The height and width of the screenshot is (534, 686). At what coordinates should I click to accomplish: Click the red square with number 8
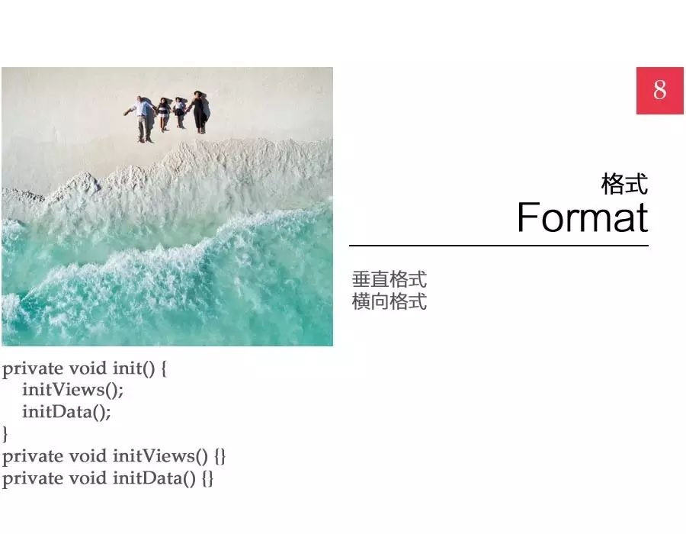660,91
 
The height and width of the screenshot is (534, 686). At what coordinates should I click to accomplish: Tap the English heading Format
582,217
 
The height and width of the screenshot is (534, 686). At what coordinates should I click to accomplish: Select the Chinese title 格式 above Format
624,184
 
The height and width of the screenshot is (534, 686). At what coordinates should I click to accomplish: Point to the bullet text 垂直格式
389,279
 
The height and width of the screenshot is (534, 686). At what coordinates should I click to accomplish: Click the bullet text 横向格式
389,301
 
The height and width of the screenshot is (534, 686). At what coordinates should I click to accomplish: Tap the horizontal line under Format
498,246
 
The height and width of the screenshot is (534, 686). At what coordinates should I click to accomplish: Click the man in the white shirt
141,119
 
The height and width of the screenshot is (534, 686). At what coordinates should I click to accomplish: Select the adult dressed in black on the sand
199,111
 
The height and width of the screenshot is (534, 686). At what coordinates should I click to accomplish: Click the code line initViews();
73,390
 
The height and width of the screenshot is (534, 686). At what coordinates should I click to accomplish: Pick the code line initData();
66,412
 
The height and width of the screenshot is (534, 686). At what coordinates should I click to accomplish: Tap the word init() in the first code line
133,368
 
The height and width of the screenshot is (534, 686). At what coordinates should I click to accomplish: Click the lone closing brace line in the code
5,434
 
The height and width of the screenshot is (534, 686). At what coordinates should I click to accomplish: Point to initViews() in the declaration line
160,456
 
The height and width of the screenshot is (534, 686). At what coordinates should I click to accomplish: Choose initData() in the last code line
154,478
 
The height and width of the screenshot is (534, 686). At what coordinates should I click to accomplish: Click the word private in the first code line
33,369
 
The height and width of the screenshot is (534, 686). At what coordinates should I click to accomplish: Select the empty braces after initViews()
220,456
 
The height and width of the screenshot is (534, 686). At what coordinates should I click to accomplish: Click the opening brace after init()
164,368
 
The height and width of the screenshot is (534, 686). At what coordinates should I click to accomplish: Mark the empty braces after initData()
208,478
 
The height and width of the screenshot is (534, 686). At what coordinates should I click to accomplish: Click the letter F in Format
527,217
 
